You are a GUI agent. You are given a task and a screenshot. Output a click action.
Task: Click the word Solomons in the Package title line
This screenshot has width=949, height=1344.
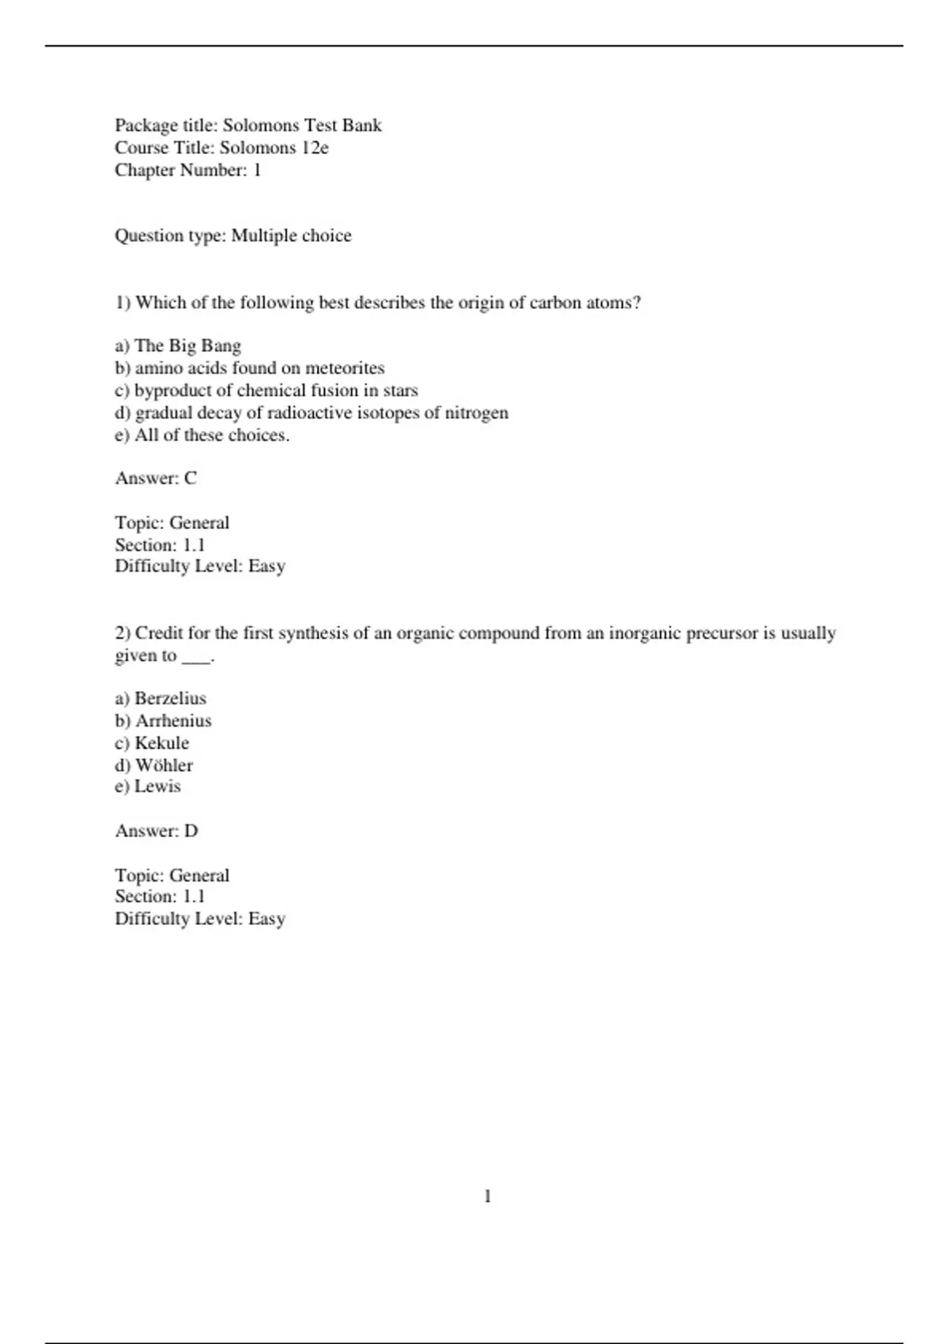[x=261, y=126]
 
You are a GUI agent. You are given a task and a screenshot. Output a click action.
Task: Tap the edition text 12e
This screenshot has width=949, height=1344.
[x=315, y=148]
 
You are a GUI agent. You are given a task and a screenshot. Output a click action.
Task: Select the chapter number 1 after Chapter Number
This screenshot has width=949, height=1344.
[x=256, y=170]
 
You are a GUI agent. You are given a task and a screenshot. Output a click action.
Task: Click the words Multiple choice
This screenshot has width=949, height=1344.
[x=291, y=236]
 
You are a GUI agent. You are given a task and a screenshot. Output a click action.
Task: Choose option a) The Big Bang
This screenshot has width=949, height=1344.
[x=178, y=346]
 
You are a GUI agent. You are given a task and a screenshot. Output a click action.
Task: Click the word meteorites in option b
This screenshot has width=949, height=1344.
[x=345, y=368]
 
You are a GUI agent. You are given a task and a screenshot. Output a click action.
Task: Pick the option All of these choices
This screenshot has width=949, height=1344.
[x=211, y=436]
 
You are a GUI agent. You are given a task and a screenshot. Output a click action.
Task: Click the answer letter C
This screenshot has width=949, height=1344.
[x=190, y=478]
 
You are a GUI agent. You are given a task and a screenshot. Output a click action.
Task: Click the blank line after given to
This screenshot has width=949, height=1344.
[x=196, y=656]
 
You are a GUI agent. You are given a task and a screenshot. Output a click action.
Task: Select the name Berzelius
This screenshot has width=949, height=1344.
[x=170, y=699]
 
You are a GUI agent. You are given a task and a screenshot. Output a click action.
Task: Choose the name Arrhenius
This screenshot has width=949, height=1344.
[x=173, y=721]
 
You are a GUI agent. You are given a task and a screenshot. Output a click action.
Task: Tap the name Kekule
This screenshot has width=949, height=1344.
[x=162, y=743]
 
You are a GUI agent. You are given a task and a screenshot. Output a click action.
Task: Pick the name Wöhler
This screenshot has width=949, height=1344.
[x=164, y=765]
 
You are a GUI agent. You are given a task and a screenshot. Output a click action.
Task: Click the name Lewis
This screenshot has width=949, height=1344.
[x=157, y=787]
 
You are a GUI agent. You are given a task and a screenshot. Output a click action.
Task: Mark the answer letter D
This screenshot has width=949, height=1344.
[x=191, y=831]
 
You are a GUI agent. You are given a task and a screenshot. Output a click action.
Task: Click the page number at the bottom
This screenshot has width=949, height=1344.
[x=487, y=1197]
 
